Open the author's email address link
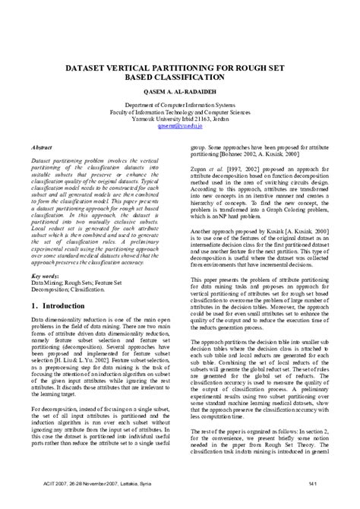click(x=180, y=129)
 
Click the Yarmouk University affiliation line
click(x=180, y=122)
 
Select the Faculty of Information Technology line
click(x=180, y=114)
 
